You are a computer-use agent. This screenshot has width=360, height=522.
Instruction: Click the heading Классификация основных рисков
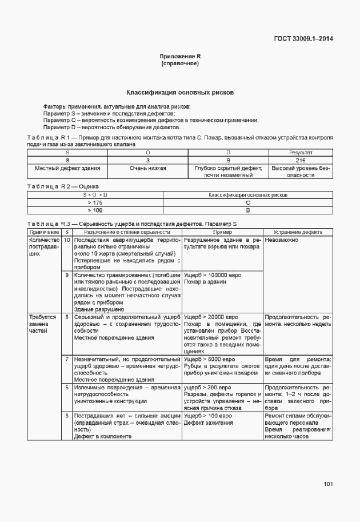179,92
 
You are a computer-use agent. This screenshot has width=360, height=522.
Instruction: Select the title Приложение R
179,57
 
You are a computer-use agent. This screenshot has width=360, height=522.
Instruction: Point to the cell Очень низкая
148,169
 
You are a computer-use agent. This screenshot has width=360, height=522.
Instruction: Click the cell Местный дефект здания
67,169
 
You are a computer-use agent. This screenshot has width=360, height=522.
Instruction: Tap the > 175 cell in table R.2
95,202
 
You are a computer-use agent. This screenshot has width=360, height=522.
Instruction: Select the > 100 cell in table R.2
95,210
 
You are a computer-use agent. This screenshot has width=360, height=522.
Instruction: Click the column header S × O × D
95,195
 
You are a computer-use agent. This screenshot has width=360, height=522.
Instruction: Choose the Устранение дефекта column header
297,232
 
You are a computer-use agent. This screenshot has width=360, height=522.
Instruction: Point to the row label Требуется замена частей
43,324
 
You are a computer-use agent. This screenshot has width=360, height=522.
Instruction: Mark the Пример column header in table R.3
222,232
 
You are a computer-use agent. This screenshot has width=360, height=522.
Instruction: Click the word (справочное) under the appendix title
179,63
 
